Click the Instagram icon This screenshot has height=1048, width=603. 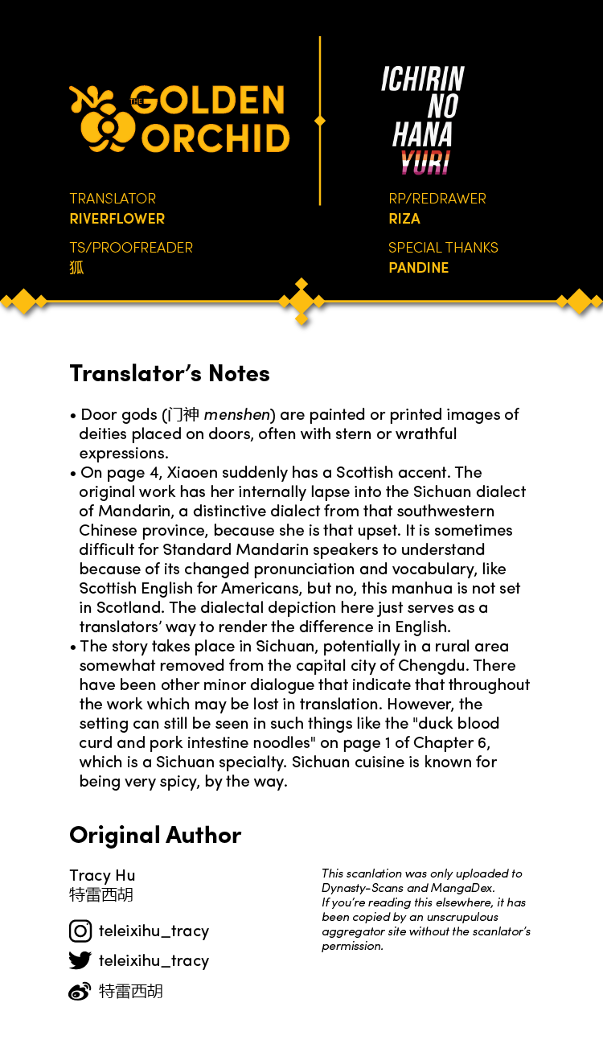pyautogui.click(x=80, y=931)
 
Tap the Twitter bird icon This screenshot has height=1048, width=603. pyautogui.click(x=80, y=960)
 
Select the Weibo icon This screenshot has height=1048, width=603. pyautogui.click(x=80, y=992)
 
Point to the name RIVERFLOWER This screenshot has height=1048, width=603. pyautogui.click(x=117, y=219)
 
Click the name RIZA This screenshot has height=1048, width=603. pyautogui.click(x=404, y=219)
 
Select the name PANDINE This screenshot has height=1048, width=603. pyautogui.click(x=419, y=268)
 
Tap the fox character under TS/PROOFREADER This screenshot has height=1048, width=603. pyautogui.click(x=76, y=268)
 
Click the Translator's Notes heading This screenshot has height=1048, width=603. pyautogui.click(x=170, y=373)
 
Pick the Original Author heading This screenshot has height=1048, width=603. pyautogui.click(x=155, y=835)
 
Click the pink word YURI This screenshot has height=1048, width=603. pyautogui.click(x=425, y=162)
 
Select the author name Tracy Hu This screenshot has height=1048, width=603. pyautogui.click(x=102, y=875)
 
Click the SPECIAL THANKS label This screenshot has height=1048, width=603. pyautogui.click(x=443, y=248)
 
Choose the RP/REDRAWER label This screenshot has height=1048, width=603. pyautogui.click(x=437, y=199)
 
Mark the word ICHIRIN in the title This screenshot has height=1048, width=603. pyautogui.click(x=423, y=79)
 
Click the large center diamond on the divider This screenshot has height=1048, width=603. pyautogui.click(x=301, y=302)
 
